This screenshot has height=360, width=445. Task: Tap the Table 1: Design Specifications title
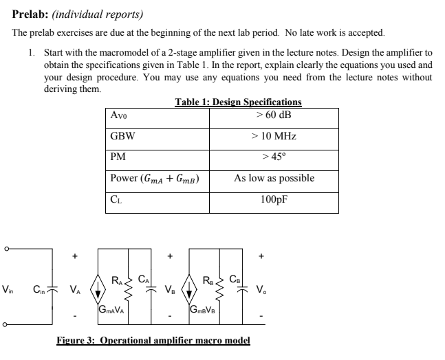[238, 102]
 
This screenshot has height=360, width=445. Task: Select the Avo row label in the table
[118, 115]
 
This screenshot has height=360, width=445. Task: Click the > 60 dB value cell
[274, 114]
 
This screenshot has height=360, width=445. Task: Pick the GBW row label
[121, 136]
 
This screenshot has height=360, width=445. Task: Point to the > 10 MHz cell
[274, 136]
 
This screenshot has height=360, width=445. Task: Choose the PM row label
[118, 157]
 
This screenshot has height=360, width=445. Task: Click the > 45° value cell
[274, 157]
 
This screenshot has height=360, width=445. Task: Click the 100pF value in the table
[274, 201]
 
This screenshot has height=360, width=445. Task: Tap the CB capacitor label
[230, 280]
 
